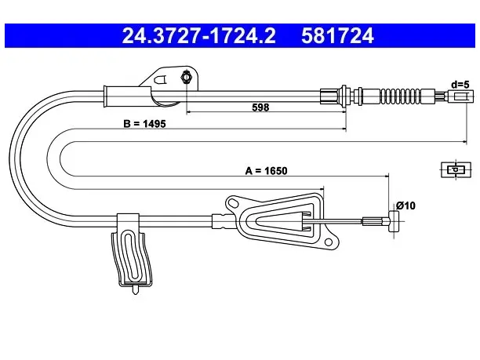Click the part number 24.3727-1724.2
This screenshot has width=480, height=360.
[x=199, y=36]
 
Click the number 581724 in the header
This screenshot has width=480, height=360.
[x=337, y=36]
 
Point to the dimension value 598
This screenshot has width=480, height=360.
[x=260, y=107]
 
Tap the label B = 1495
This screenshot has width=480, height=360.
[x=144, y=124]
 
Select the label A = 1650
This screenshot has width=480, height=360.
[x=267, y=171]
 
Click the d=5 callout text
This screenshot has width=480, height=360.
[x=460, y=84]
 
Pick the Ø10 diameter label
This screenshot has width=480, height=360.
[x=405, y=205]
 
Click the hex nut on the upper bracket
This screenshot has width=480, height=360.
[x=186, y=76]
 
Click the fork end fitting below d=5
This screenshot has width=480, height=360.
[x=460, y=96]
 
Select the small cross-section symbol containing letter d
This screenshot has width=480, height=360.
[x=456, y=169]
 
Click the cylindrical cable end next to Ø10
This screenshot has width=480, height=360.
[x=394, y=221]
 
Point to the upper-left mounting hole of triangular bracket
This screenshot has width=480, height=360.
[x=233, y=202]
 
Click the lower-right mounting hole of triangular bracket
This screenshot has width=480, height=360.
[x=328, y=243]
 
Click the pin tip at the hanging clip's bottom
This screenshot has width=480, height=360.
[x=135, y=292]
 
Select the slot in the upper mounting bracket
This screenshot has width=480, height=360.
[x=161, y=79]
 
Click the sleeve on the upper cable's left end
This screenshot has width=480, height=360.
[x=127, y=96]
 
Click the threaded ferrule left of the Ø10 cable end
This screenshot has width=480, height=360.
[x=373, y=221]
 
